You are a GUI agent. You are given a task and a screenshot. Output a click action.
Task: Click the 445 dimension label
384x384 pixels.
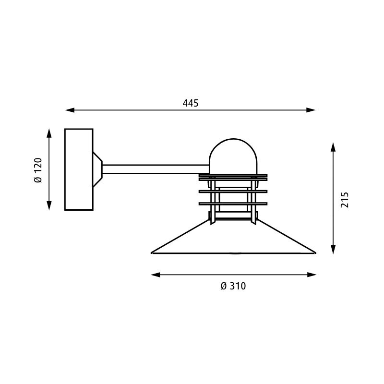[191, 103]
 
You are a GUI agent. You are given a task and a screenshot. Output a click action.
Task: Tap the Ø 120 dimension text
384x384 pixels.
[38, 170]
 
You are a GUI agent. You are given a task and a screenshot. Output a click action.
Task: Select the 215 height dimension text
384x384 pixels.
[344, 199]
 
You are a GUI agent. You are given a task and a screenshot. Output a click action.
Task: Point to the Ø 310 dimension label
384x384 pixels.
[233, 286]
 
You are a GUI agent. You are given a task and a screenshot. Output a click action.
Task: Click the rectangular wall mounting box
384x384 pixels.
[79, 169]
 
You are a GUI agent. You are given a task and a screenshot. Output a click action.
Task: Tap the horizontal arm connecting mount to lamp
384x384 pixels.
[154, 169]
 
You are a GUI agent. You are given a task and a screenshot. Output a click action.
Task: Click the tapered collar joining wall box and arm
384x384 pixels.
[97, 169]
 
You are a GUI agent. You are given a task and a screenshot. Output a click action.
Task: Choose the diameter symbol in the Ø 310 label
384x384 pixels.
[223, 286]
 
